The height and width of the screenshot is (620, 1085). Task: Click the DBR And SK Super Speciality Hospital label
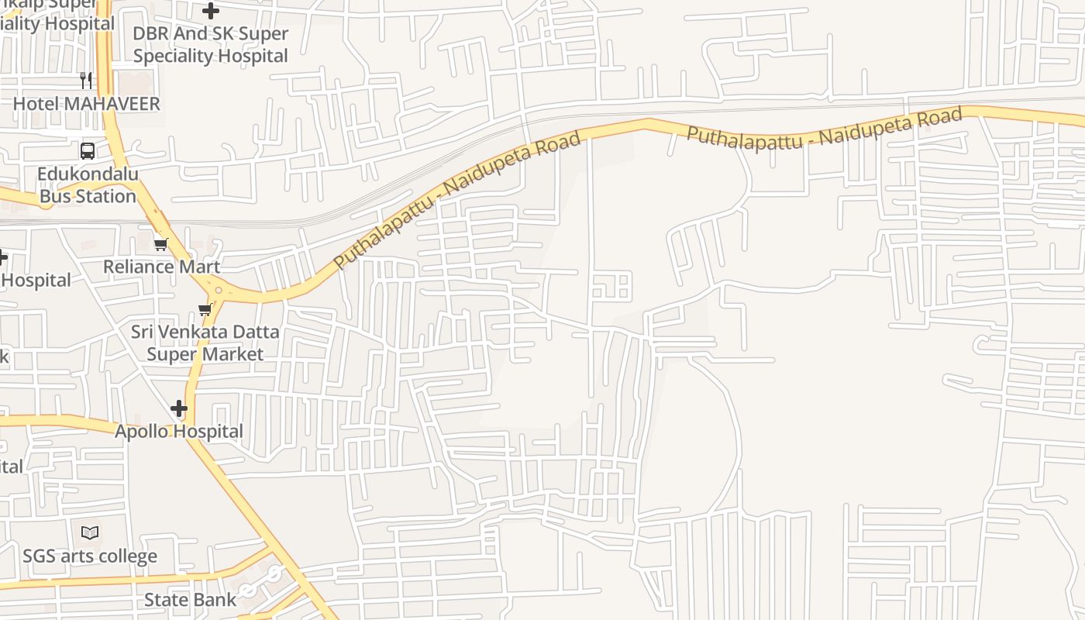[x=210, y=45]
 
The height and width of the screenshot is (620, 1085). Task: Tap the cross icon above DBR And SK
[x=210, y=11]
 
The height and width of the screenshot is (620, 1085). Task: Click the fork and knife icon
[x=87, y=80]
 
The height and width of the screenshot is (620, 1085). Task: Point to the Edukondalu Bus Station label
[x=88, y=184]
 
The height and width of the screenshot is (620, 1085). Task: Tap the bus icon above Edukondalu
[x=88, y=150]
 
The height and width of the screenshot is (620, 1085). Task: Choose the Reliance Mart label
[x=161, y=267]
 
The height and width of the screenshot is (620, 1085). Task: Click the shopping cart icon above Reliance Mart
[x=160, y=244]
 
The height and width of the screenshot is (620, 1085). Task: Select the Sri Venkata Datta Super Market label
[x=205, y=343]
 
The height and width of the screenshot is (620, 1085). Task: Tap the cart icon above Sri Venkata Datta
[x=205, y=310]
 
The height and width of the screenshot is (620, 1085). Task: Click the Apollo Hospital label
[x=179, y=432]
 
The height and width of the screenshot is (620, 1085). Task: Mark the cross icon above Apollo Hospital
[x=179, y=408]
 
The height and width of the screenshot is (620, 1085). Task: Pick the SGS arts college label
[x=90, y=556]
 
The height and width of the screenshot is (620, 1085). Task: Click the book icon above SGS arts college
[x=90, y=533]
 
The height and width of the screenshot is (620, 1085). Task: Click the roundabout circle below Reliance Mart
[x=219, y=291]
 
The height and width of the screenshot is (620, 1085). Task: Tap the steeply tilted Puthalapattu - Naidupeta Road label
[x=457, y=201]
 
